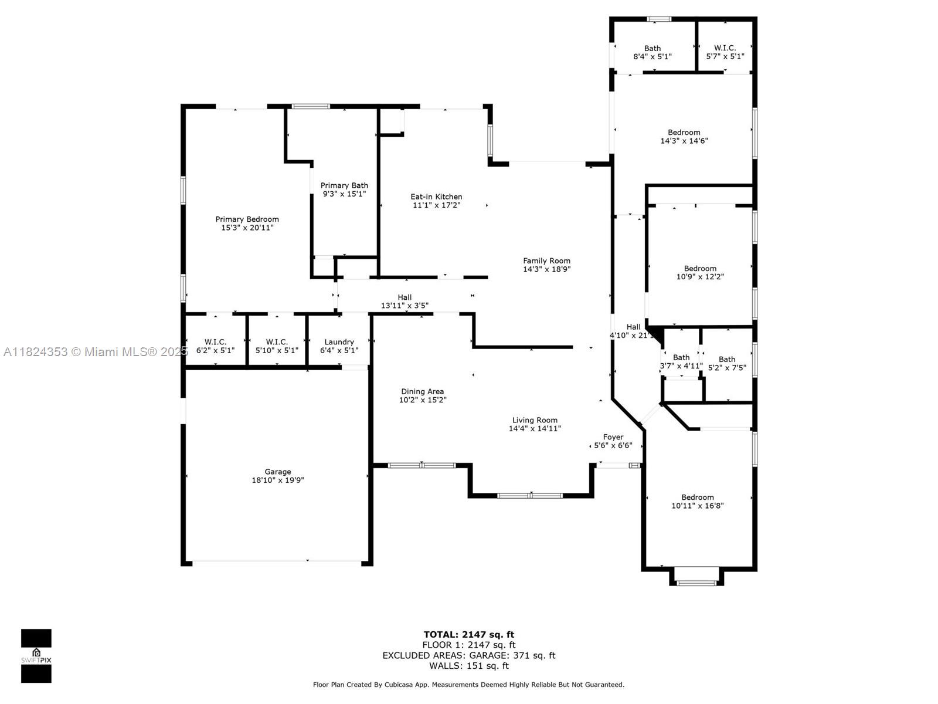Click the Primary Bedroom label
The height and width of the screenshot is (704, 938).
(x=247, y=219)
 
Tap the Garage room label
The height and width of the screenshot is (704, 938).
(x=278, y=472)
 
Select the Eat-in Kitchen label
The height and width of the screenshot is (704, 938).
(x=436, y=197)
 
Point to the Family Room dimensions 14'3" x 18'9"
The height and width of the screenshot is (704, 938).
(x=546, y=269)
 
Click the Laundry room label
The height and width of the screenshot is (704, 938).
(x=339, y=342)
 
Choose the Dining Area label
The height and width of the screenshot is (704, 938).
(x=422, y=391)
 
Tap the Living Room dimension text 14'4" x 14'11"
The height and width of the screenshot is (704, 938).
(x=535, y=428)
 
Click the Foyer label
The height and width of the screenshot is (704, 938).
(x=613, y=437)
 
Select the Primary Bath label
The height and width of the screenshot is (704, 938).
(x=344, y=185)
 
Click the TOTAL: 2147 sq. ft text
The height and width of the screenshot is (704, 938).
(x=469, y=634)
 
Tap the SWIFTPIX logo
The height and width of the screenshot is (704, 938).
(x=36, y=656)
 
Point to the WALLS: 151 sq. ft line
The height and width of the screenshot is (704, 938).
(x=469, y=665)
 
